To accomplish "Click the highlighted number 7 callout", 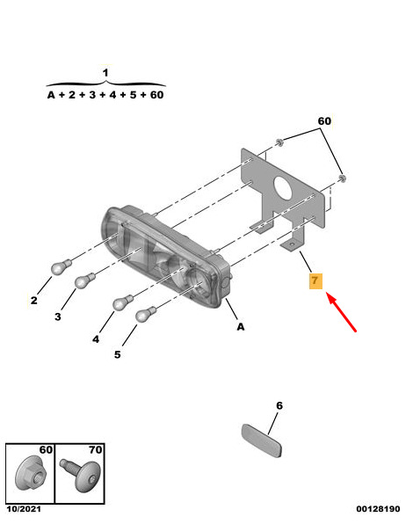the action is tap(315, 281).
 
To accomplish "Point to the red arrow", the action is tap(341, 312).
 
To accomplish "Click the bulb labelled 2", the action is tap(62, 266).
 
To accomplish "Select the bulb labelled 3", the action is tap(85, 280).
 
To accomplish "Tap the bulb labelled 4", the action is tap(123, 302).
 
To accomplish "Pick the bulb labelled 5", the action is tap(146, 314).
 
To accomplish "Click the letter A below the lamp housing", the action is tap(241, 327).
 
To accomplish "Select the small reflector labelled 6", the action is tap(262, 440).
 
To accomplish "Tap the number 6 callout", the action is tap(279, 405).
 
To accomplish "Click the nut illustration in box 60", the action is tap(31, 473).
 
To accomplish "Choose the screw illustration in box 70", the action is tap(81, 475).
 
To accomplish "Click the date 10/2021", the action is tap(24, 509).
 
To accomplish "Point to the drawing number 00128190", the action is tap(378, 509).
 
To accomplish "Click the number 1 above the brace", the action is tap(105, 72).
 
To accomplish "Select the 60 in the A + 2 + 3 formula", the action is tap(156, 95).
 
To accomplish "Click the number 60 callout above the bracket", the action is tap(324, 121).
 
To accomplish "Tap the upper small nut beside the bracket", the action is tap(279, 142).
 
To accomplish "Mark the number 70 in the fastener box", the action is tap(96, 450).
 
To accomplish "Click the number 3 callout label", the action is tap(58, 317).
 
